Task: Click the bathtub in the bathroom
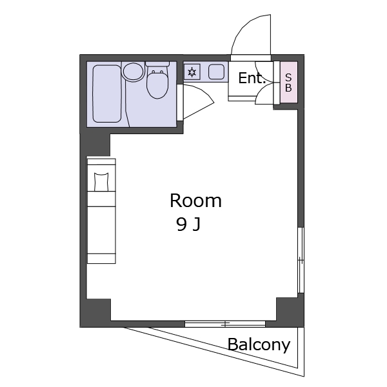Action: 107,94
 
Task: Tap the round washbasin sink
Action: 134,72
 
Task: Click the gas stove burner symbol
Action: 192,72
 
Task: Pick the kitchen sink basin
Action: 216,72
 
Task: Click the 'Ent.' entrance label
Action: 252,78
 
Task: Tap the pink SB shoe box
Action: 288,82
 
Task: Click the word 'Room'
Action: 195,201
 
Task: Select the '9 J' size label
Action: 188,224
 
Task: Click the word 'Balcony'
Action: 259,344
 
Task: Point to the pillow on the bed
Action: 101,182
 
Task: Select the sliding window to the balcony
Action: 225,324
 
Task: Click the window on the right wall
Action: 301,260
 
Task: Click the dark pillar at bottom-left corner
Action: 95,313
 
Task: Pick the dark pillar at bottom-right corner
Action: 290,312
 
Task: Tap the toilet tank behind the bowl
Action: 157,64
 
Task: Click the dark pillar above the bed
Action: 95,145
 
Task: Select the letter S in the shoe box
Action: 288,77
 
